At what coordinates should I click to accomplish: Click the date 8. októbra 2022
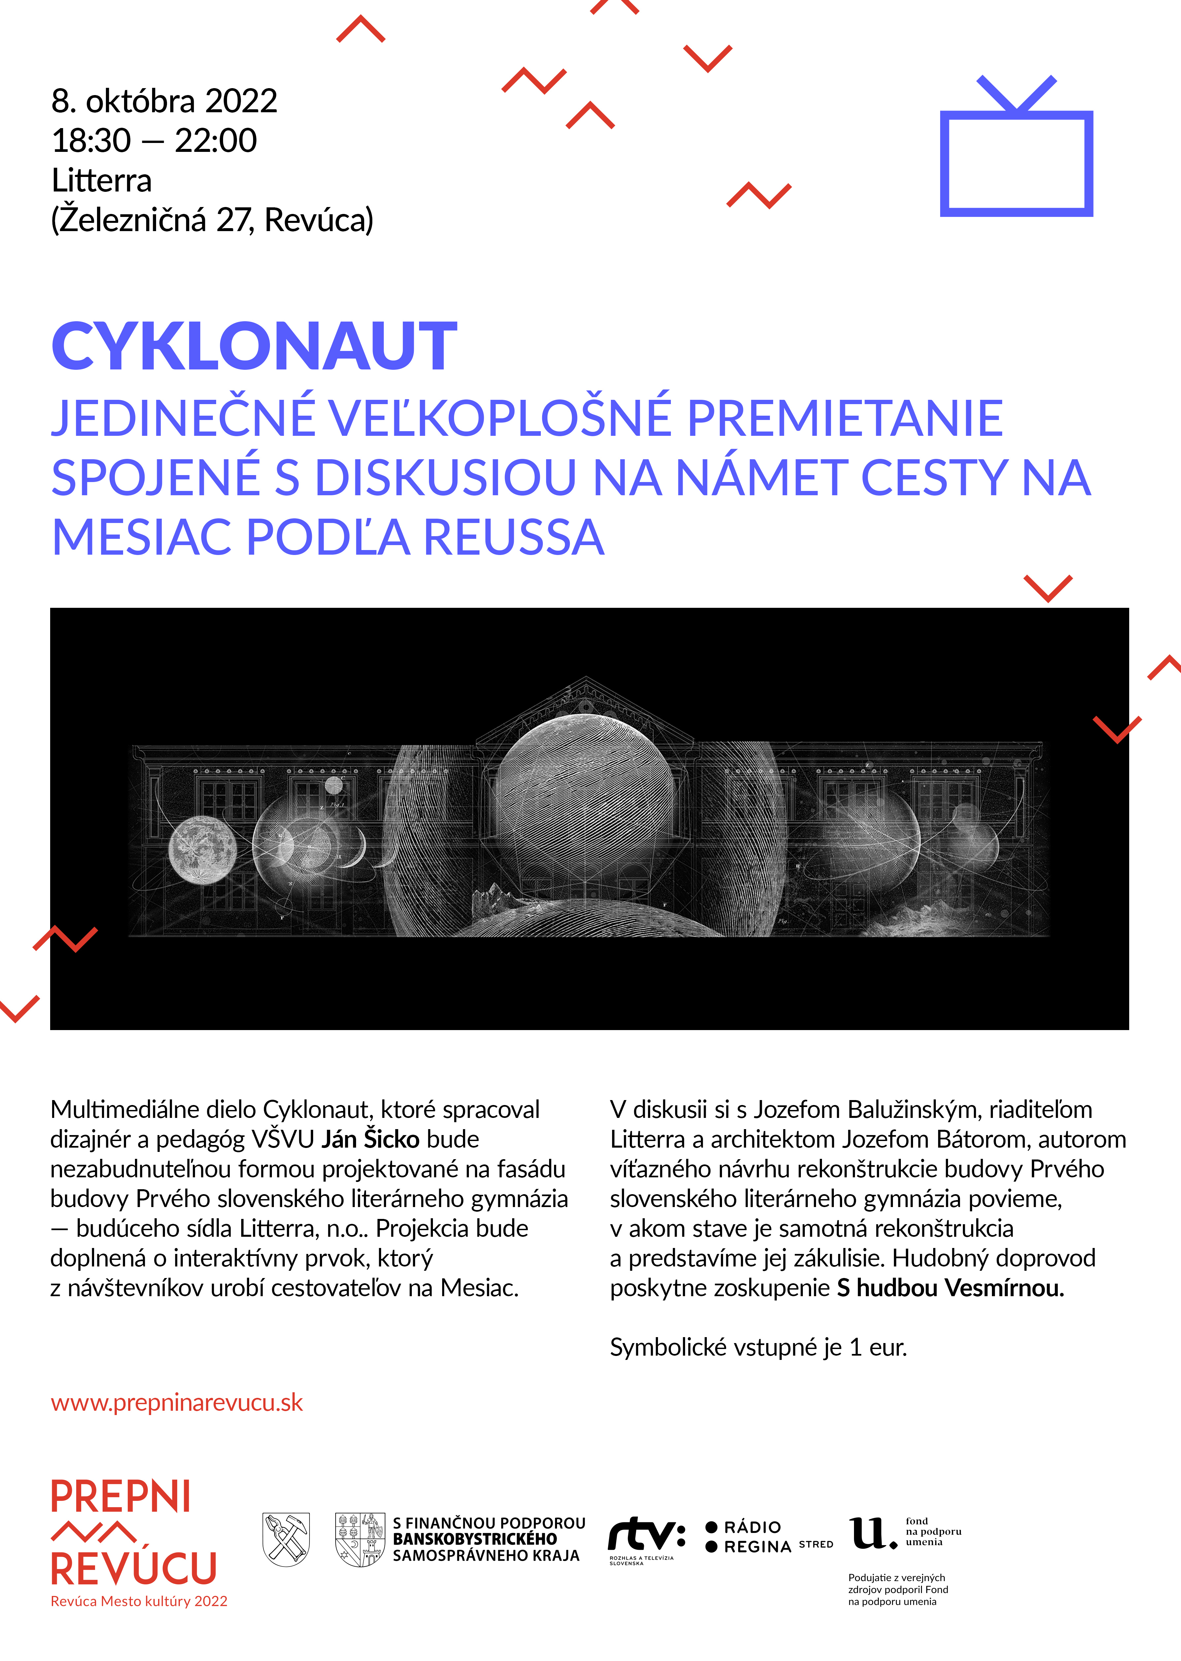(164, 101)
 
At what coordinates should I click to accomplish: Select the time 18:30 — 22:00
(154, 140)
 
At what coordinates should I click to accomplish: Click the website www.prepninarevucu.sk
(177, 1402)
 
